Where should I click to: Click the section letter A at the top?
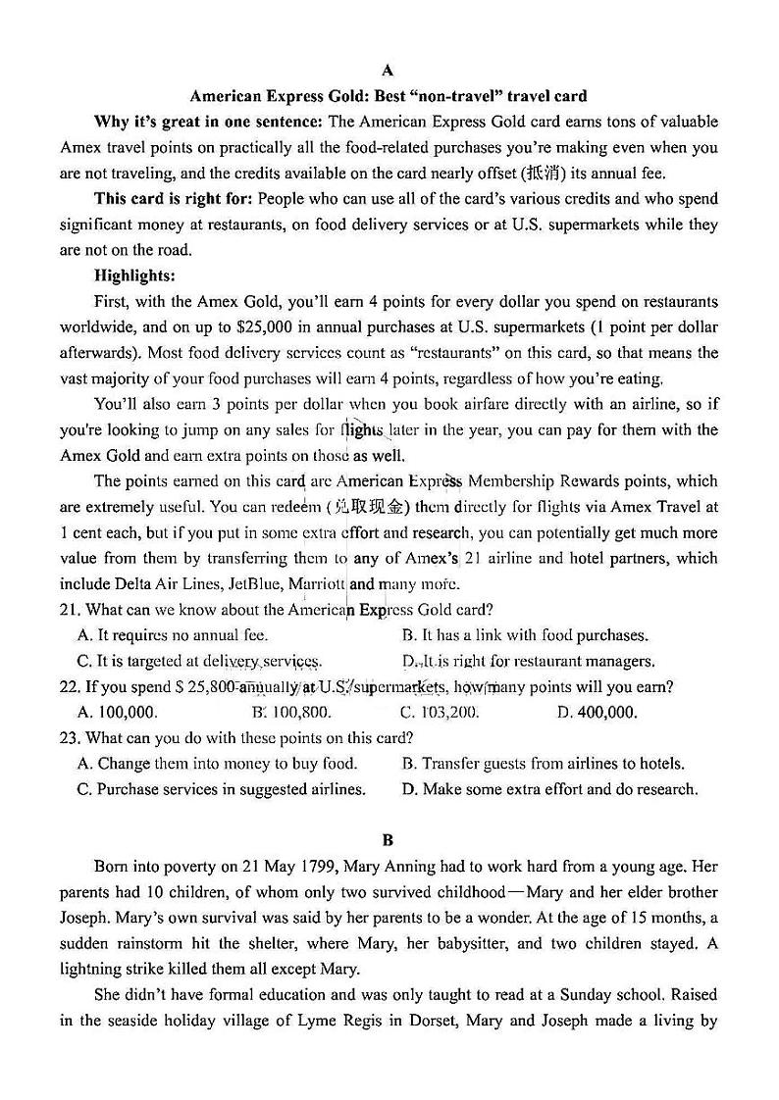(x=388, y=71)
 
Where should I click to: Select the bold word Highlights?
(x=134, y=275)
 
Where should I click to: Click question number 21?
(x=69, y=609)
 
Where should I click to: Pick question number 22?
(x=69, y=686)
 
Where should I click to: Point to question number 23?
(x=69, y=737)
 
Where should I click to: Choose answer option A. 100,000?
(x=117, y=713)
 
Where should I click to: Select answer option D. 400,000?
(x=597, y=713)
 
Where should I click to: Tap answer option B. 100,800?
(x=291, y=713)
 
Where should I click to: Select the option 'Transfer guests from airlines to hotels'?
(x=544, y=764)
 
